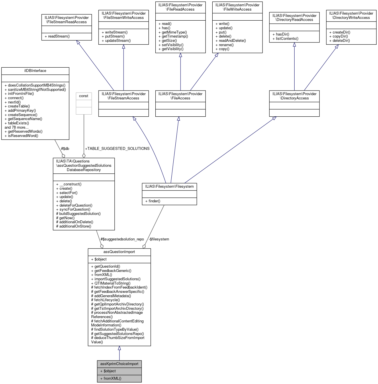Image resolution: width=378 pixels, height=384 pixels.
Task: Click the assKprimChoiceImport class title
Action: pyautogui.click(x=119, y=364)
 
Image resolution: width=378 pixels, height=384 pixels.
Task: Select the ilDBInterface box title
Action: pyautogui.click(x=35, y=71)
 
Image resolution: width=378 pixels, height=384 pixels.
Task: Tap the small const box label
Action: pyautogui.click(x=84, y=96)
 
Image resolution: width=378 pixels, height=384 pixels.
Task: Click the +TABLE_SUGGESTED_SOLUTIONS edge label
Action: pyautogui.click(x=117, y=148)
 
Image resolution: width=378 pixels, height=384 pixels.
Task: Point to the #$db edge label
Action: pyautogui.click(x=65, y=148)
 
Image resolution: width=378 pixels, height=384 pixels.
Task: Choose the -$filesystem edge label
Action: pyautogui.click(x=159, y=239)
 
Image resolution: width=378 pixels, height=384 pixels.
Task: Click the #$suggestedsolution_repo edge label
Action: pyautogui.click(x=122, y=239)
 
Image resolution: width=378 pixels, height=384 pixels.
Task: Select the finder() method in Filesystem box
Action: pyautogui.click(x=154, y=201)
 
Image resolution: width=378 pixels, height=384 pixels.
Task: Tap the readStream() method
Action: pyautogui.click(x=59, y=36)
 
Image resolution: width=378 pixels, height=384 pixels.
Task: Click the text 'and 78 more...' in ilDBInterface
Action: pyautogui.click(x=17, y=127)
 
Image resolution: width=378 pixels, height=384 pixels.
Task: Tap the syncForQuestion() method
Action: pyautogui.click(x=75, y=209)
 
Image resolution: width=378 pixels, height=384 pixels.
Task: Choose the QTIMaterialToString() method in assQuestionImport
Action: pyautogui.click(x=112, y=283)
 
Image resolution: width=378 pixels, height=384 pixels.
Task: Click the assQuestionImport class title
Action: pyautogui.click(x=119, y=252)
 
